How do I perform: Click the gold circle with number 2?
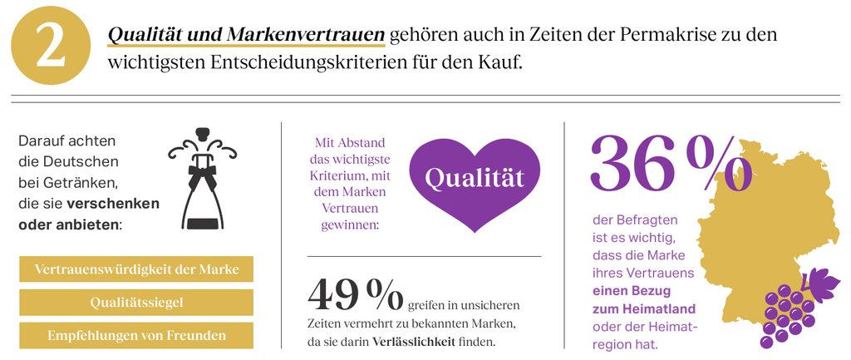click(x=50, y=47)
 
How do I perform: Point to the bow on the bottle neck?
click(x=201, y=176)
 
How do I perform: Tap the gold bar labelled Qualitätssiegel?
click(x=136, y=302)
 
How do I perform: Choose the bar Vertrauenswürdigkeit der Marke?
click(x=136, y=269)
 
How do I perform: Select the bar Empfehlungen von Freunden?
click(x=136, y=335)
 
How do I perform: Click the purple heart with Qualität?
click(x=475, y=178)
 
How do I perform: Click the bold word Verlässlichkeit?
click(x=413, y=343)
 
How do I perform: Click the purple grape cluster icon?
click(x=784, y=313)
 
